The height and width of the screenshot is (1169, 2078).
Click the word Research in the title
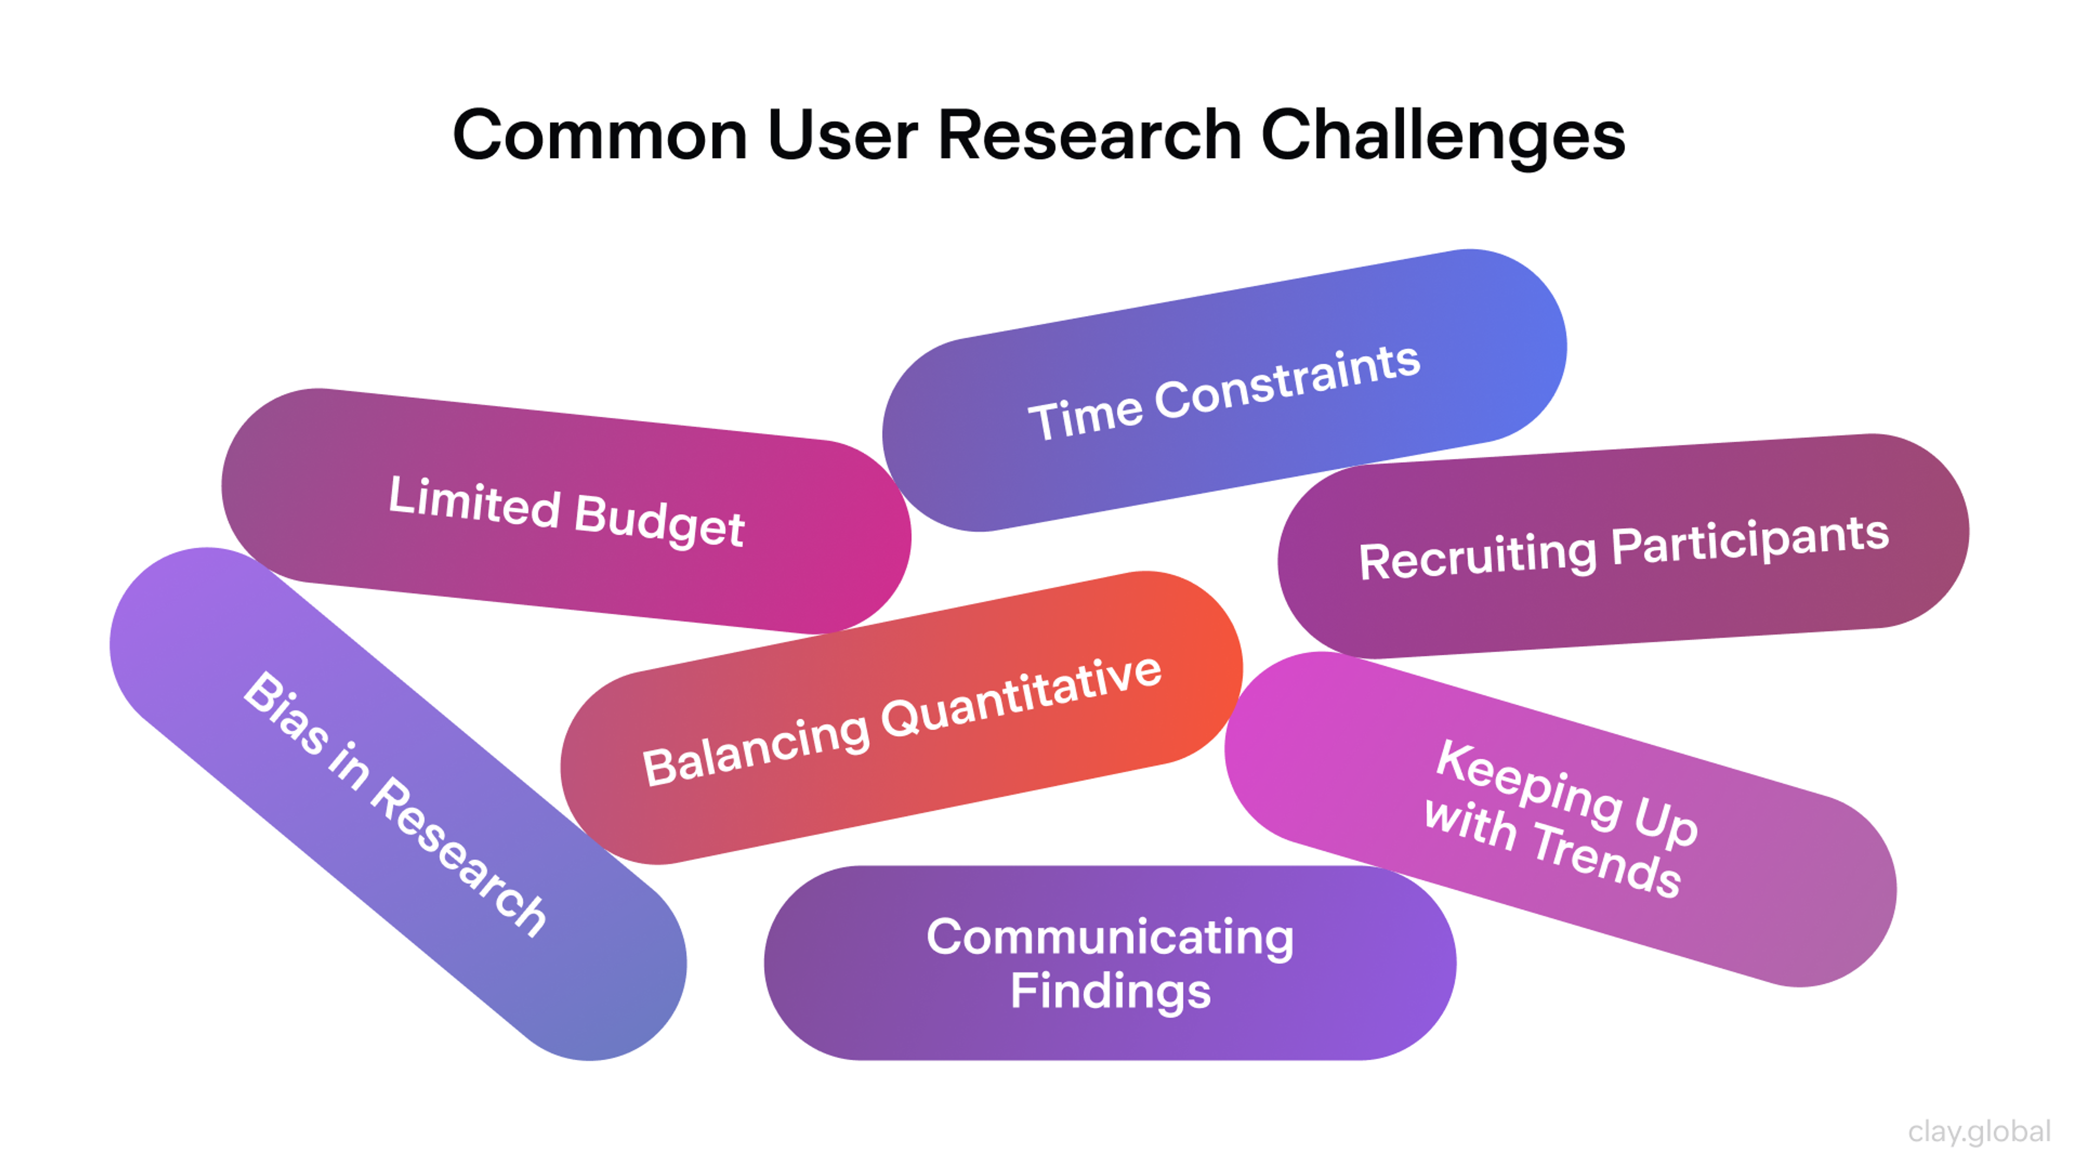pos(1089,135)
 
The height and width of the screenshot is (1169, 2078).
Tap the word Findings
pos(1110,991)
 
